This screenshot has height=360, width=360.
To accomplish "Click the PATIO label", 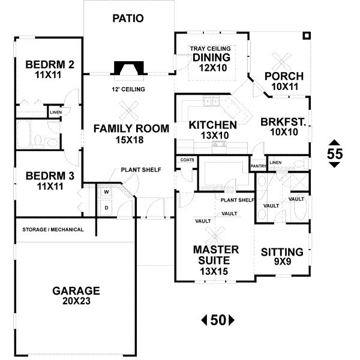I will (x=128, y=18).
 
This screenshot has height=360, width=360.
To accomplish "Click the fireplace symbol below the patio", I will (x=130, y=69).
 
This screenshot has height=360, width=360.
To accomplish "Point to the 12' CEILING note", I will (x=128, y=89).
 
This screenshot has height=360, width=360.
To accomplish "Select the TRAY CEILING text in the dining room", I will (x=212, y=49).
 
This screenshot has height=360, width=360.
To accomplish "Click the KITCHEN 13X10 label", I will (x=212, y=130).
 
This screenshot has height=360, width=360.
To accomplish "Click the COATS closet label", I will (x=185, y=160).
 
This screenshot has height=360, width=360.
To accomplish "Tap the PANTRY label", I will (x=258, y=166).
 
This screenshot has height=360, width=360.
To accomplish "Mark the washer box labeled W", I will (x=106, y=192).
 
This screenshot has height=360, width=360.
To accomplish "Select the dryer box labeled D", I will (x=106, y=208).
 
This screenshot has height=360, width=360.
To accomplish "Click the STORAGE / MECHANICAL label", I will (x=53, y=230).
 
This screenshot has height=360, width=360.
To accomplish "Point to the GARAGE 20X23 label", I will (x=76, y=296).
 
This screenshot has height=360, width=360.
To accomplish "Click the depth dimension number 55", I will (x=335, y=154).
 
